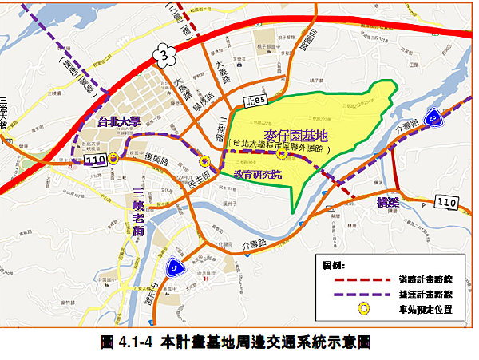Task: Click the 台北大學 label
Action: click(x=119, y=122)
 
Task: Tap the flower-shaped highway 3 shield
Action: click(x=165, y=53)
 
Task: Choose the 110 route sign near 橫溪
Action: click(x=446, y=202)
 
